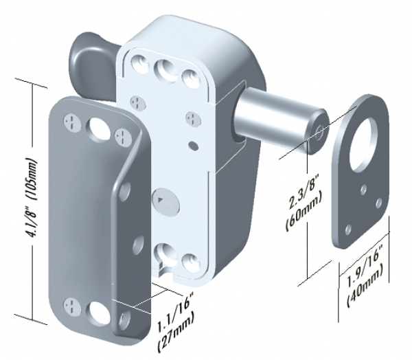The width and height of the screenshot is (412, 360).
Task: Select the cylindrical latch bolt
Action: [x=279, y=121]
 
